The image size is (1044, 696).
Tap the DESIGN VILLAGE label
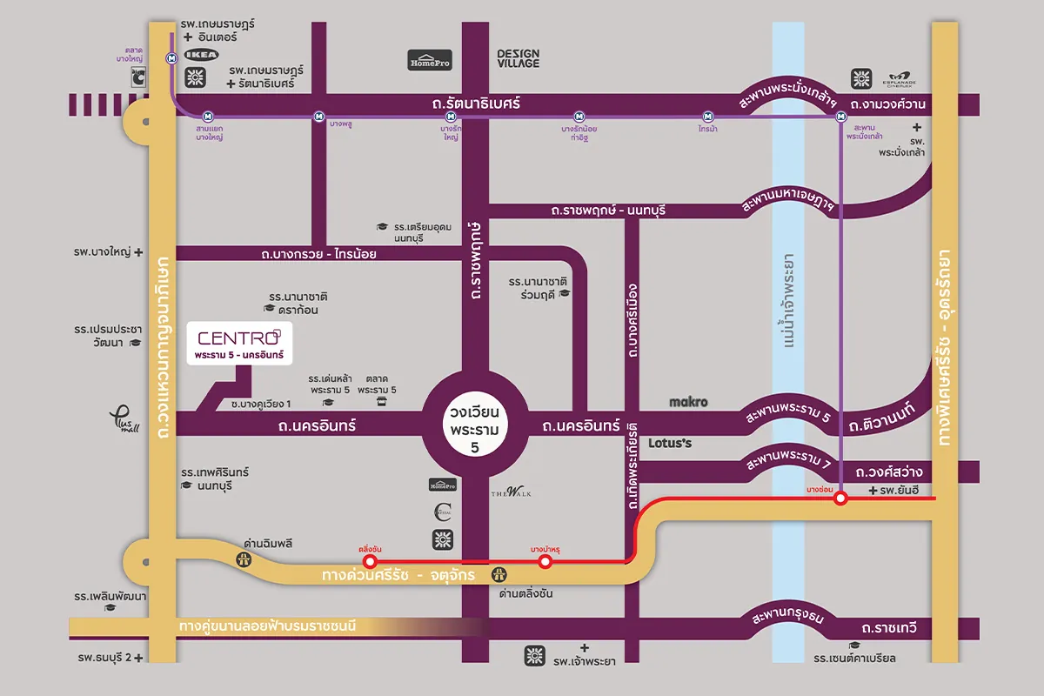[519, 58]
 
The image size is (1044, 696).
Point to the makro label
[688, 403]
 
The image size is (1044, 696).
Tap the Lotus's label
[670, 443]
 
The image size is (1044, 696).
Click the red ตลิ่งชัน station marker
[371, 562]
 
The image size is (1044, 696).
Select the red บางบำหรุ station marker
[545, 562]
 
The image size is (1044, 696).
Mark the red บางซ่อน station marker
[840, 499]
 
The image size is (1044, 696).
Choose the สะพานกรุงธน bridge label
[787, 619]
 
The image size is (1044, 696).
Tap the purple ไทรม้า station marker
[709, 116]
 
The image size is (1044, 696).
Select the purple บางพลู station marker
[319, 116]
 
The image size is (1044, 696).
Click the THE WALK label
[511, 493]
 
